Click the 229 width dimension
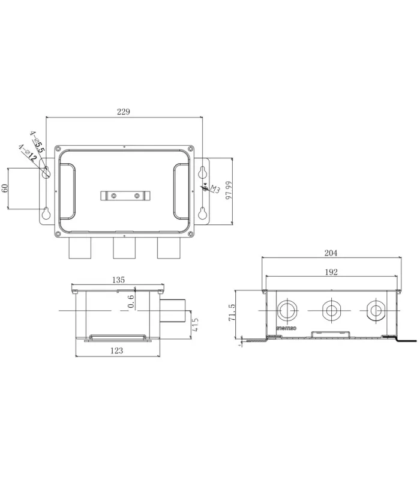(x=124, y=112)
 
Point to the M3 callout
(x=211, y=191)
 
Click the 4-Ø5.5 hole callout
(x=38, y=145)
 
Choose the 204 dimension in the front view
(x=331, y=253)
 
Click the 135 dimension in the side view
(x=117, y=279)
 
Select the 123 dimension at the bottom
(x=117, y=351)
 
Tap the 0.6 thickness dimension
(x=131, y=301)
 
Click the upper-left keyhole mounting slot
(x=46, y=172)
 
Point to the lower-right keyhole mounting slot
(x=203, y=212)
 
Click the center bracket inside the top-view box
(x=125, y=196)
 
